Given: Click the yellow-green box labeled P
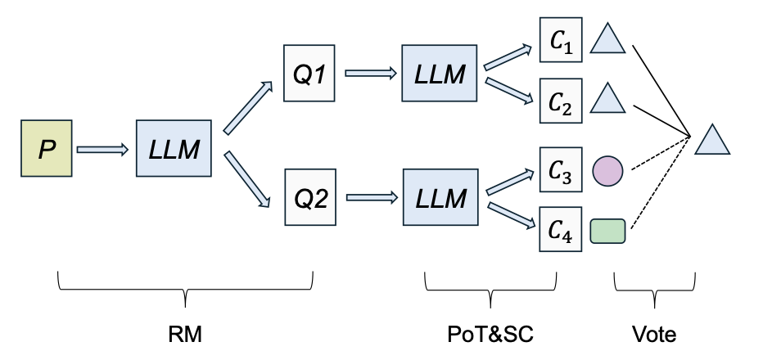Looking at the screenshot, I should coord(47,150).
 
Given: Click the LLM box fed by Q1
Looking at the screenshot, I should coord(438,74).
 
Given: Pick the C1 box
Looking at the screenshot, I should coord(561,38).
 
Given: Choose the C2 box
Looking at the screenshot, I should coord(561,101).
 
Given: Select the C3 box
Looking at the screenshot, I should coord(561,169).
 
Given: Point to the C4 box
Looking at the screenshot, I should coord(561,229).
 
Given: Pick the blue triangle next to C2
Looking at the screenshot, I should coord(608,100).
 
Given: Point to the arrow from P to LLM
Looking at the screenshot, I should coord(102,150).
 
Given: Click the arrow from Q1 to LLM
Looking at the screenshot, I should coord(372,74).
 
